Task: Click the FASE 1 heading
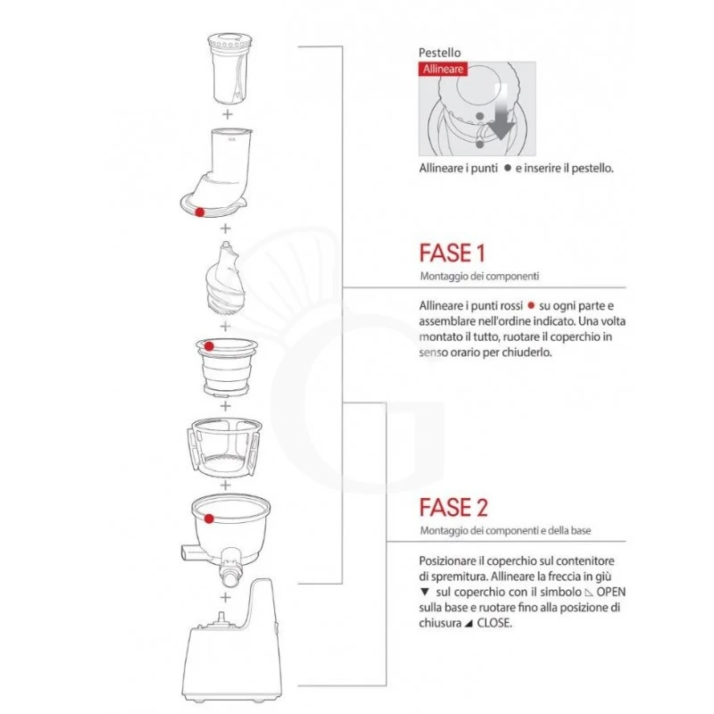pyautogui.click(x=452, y=253)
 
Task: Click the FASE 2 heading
pyautogui.click(x=453, y=507)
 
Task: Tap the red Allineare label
pyautogui.click(x=443, y=70)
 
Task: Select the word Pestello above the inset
pyautogui.click(x=439, y=53)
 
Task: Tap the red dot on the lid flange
pyautogui.click(x=199, y=212)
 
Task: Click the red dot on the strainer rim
pyautogui.click(x=209, y=346)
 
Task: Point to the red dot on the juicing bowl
pyautogui.click(x=209, y=519)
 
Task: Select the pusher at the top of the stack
pyautogui.click(x=230, y=69)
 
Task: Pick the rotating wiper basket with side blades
pyautogui.click(x=224, y=449)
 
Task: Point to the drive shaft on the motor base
pyautogui.click(x=222, y=619)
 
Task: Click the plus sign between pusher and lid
pyautogui.click(x=228, y=114)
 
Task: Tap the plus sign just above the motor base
pyautogui.click(x=226, y=597)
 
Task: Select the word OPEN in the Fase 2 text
pyautogui.click(x=611, y=592)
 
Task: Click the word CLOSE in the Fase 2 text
pyautogui.click(x=494, y=623)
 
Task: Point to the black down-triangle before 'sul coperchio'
pyautogui.click(x=425, y=592)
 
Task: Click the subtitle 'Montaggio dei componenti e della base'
pyautogui.click(x=505, y=530)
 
